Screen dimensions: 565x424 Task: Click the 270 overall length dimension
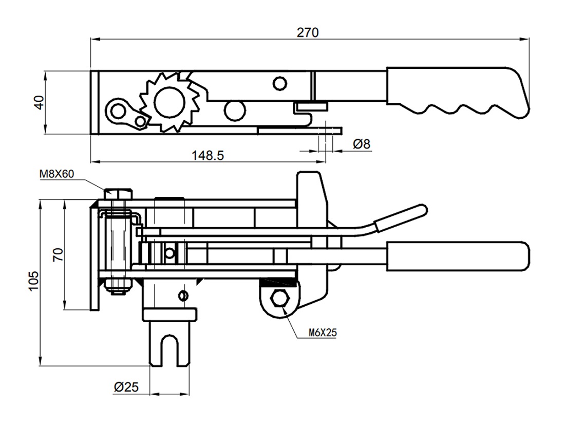click(308, 32)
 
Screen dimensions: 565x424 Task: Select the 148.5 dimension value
click(208, 155)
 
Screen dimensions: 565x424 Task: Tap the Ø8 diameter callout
click(362, 144)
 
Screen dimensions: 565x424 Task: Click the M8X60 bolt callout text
click(56, 174)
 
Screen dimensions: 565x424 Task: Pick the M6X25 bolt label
click(323, 333)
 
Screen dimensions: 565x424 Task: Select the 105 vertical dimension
click(33, 281)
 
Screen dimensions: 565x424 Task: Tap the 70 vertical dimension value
click(58, 254)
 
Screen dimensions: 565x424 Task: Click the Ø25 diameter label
click(126, 387)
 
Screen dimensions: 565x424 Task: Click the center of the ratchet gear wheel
click(169, 102)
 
